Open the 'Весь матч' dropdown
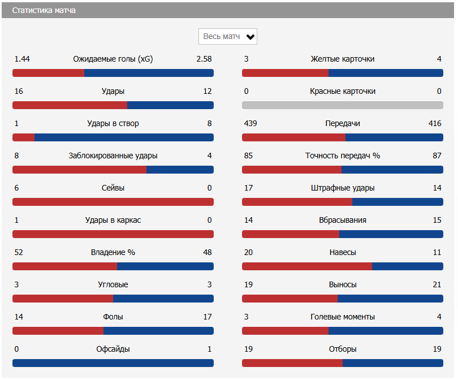[228, 37]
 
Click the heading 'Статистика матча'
[44, 11]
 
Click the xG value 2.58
[204, 59]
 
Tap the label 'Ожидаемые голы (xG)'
[113, 59]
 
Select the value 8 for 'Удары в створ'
[209, 124]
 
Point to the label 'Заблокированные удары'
[113, 156]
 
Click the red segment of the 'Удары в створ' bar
[24, 137]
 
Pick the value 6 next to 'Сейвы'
[17, 188]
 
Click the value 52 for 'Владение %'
[19, 253]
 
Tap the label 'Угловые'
[113, 285]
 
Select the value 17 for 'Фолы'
[208, 317]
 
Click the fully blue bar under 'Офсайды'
[113, 363]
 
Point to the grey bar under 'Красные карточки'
[343, 105]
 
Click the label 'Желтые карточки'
[343, 59]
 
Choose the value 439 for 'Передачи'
[250, 124]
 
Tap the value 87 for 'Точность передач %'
[437, 156]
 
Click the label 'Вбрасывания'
[343, 221]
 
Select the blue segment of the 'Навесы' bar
[407, 266]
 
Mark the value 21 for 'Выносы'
[437, 285]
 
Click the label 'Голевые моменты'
[343, 317]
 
